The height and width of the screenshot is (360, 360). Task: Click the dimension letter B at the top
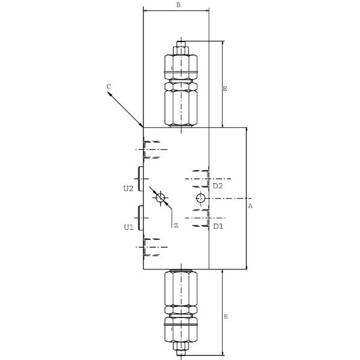178,5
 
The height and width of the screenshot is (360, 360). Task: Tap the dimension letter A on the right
250,206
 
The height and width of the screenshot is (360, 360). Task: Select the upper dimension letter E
225,89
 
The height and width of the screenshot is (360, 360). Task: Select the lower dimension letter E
226,316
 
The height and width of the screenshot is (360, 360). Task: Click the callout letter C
109,86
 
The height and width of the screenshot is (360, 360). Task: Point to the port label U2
128,188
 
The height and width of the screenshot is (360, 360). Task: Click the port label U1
128,227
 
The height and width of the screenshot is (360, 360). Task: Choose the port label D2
218,186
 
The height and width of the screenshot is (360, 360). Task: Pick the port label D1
218,226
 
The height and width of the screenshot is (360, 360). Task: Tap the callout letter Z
176,226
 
